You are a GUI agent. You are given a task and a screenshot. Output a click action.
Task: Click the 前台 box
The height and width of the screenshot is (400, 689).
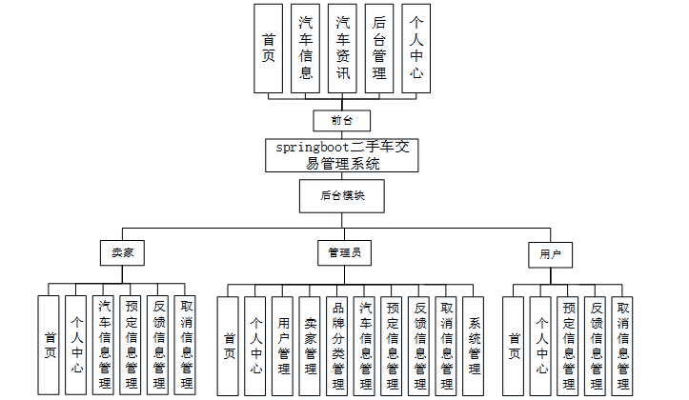pos(342,120)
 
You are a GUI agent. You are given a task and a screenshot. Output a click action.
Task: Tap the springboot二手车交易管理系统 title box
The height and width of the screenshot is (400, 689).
pos(342,155)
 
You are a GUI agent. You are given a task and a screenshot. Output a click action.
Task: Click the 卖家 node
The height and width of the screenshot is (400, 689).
pos(121,254)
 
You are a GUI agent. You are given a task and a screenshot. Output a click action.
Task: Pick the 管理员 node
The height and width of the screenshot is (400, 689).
pos(343,254)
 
